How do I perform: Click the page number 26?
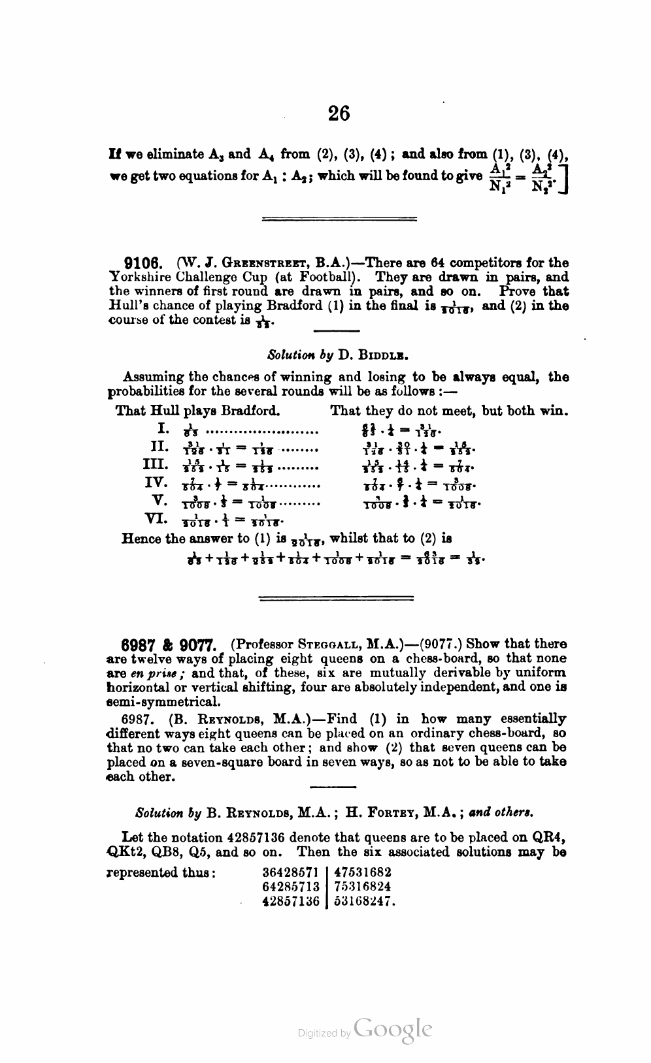339,114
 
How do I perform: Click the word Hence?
142,539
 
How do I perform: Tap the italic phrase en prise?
153,673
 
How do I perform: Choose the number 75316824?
363,887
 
